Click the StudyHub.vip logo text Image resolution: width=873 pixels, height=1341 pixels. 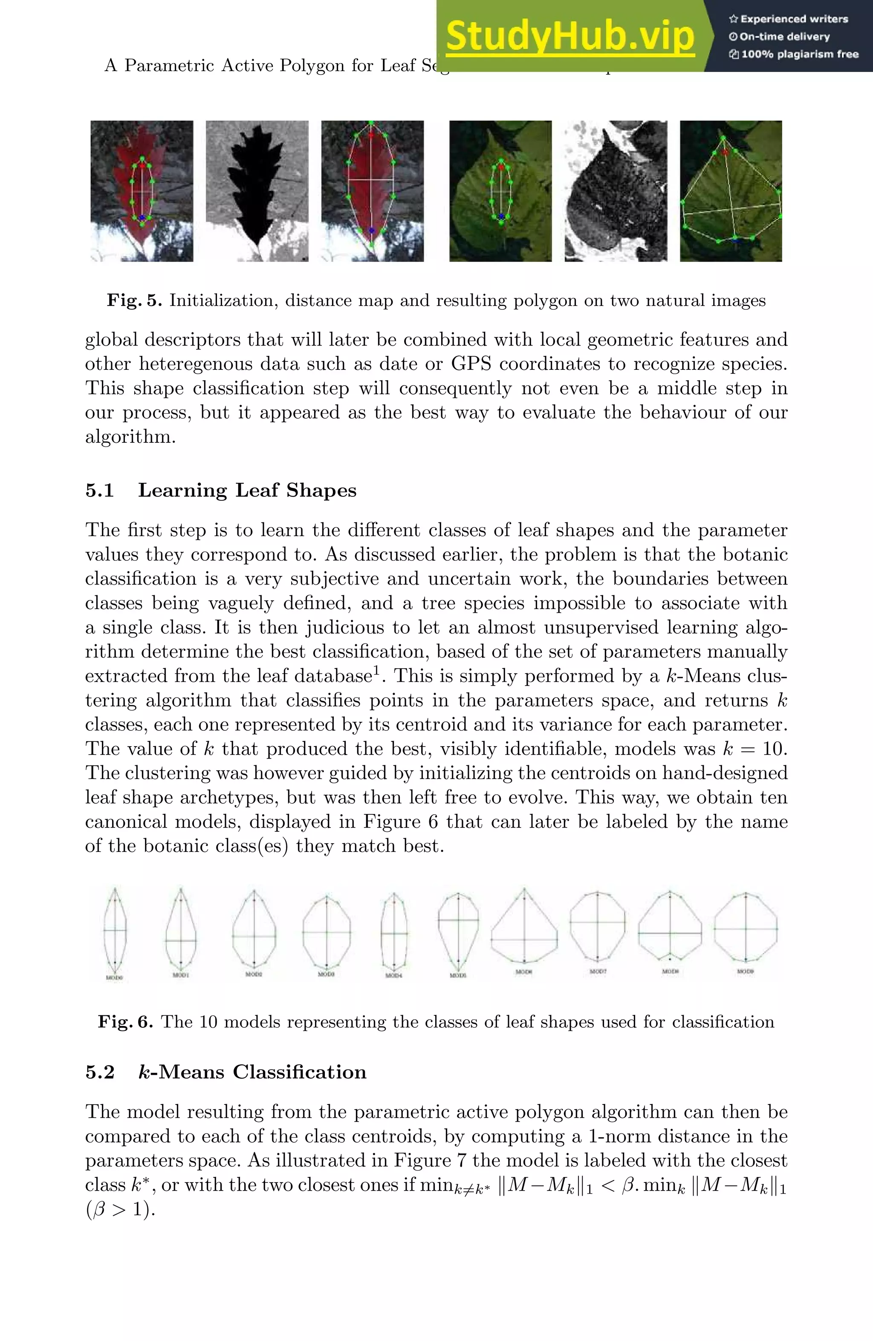tap(570, 36)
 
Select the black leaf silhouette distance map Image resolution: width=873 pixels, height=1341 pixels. tap(257, 190)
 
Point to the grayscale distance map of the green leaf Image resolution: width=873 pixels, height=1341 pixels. tap(616, 190)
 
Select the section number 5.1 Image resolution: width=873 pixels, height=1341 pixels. tap(100, 490)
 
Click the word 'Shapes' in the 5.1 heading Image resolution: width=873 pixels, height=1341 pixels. tap(321, 490)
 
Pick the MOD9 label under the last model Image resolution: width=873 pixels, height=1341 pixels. tap(745, 971)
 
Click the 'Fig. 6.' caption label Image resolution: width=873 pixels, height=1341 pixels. tap(125, 1021)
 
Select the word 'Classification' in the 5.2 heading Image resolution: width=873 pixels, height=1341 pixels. tap(300, 1072)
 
